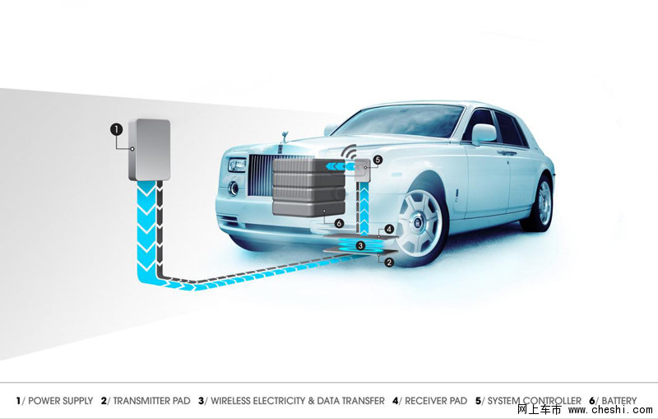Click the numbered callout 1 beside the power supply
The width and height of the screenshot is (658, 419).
tap(116, 129)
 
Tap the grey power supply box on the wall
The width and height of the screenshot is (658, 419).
tap(150, 150)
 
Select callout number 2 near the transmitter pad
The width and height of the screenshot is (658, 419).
tap(389, 262)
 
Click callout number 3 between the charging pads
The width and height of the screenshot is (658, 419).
tap(360, 245)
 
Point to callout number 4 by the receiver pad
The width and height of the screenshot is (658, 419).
tap(389, 229)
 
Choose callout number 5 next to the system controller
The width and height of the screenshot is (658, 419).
tap(378, 160)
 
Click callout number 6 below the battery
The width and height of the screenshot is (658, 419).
tap(339, 224)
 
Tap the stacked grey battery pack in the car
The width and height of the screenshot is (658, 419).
tap(309, 187)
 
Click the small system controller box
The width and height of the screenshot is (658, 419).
tap(364, 170)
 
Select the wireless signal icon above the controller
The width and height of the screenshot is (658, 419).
tap(349, 151)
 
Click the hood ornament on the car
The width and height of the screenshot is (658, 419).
tap(286, 137)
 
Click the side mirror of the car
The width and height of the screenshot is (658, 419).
tap(484, 134)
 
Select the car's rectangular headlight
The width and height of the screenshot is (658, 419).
tap(237, 165)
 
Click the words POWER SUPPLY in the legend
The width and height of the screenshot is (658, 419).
tap(60, 401)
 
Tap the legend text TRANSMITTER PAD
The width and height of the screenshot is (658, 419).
tap(151, 401)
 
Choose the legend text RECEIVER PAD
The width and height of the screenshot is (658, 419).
tap(436, 401)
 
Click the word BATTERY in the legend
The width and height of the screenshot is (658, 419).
tap(619, 401)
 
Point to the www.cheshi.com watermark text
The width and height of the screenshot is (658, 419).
tap(610, 410)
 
